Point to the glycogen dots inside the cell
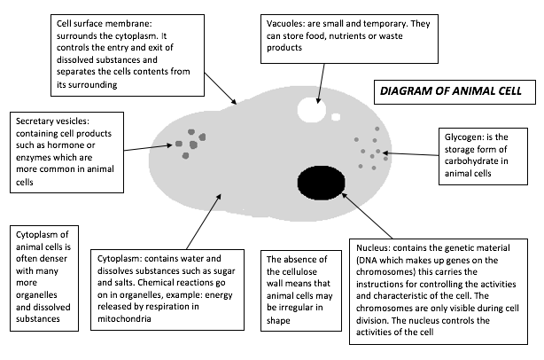pyautogui.click(x=370, y=151)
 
